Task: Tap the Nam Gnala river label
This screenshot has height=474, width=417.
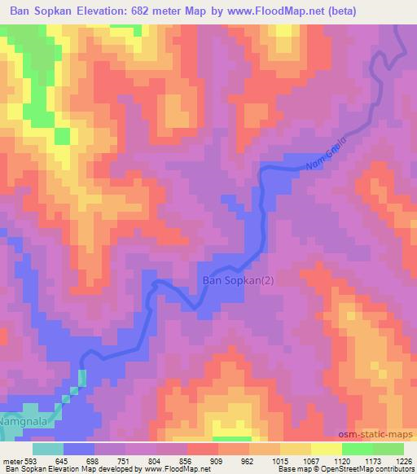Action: pyautogui.click(x=329, y=154)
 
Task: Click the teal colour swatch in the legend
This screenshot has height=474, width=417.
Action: pyautogui.click(x=48, y=448)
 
